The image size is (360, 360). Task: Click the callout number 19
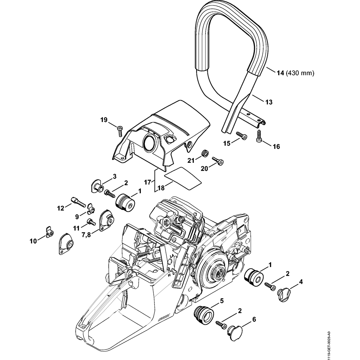point(104,120)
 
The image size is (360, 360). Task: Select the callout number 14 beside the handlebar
point(280,73)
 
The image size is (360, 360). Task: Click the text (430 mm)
point(300,73)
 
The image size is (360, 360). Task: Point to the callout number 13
point(269,102)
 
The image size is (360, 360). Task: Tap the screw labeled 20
point(219,161)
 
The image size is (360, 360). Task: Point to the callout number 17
point(148,183)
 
